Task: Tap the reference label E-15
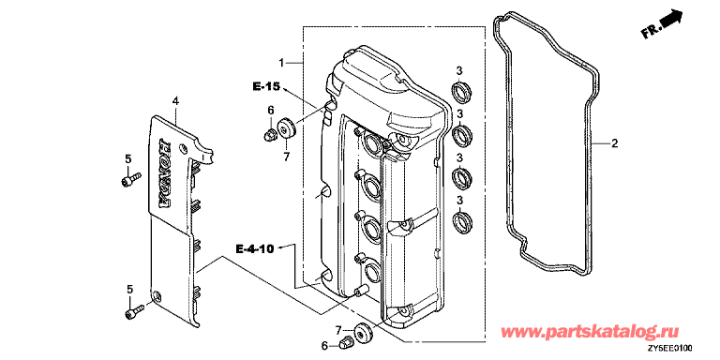point(266,86)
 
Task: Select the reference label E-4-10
point(255,248)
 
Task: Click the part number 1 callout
point(282,62)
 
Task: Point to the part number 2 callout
point(614,144)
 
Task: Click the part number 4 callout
point(175,100)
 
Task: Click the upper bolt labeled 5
point(131,179)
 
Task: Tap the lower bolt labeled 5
point(135,311)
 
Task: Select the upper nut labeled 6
point(270,135)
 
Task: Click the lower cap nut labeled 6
point(346,341)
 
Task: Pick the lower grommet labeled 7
point(365,333)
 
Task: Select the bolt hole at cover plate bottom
point(157,295)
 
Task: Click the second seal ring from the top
point(460,134)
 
